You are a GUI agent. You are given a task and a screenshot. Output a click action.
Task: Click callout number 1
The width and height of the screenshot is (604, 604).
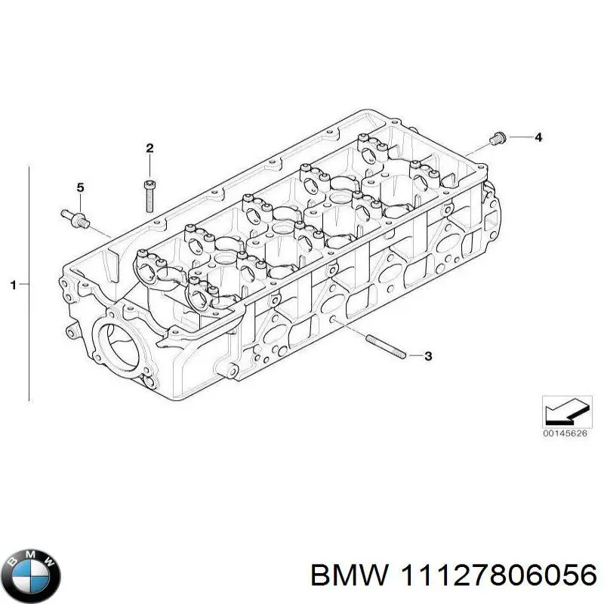pos(13,285)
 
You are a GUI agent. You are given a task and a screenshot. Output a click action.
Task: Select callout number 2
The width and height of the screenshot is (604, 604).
pos(149,146)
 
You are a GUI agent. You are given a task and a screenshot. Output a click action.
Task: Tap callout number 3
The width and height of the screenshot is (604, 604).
pos(428,356)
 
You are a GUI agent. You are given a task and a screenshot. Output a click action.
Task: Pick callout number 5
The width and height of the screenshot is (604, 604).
pos(80,187)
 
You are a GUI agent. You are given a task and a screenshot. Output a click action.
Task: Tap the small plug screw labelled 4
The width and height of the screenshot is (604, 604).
pos(497,138)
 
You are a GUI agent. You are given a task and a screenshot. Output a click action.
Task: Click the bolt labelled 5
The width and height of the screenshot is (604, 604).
pos(73,216)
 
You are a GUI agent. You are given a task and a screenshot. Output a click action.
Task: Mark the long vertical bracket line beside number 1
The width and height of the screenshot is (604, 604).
pos(29,284)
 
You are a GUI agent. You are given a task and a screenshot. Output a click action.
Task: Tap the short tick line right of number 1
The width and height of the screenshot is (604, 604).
pos(23,285)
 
